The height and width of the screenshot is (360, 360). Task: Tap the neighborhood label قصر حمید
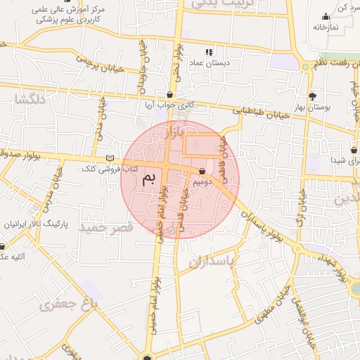(105, 229)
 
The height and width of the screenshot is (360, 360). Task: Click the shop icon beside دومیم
(202, 171)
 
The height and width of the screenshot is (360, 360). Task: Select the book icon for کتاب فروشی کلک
(108, 158)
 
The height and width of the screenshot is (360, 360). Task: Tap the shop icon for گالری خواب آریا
(170, 94)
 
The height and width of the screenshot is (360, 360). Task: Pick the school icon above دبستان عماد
(209, 52)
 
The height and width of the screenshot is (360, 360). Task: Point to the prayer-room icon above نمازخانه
(326, 16)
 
